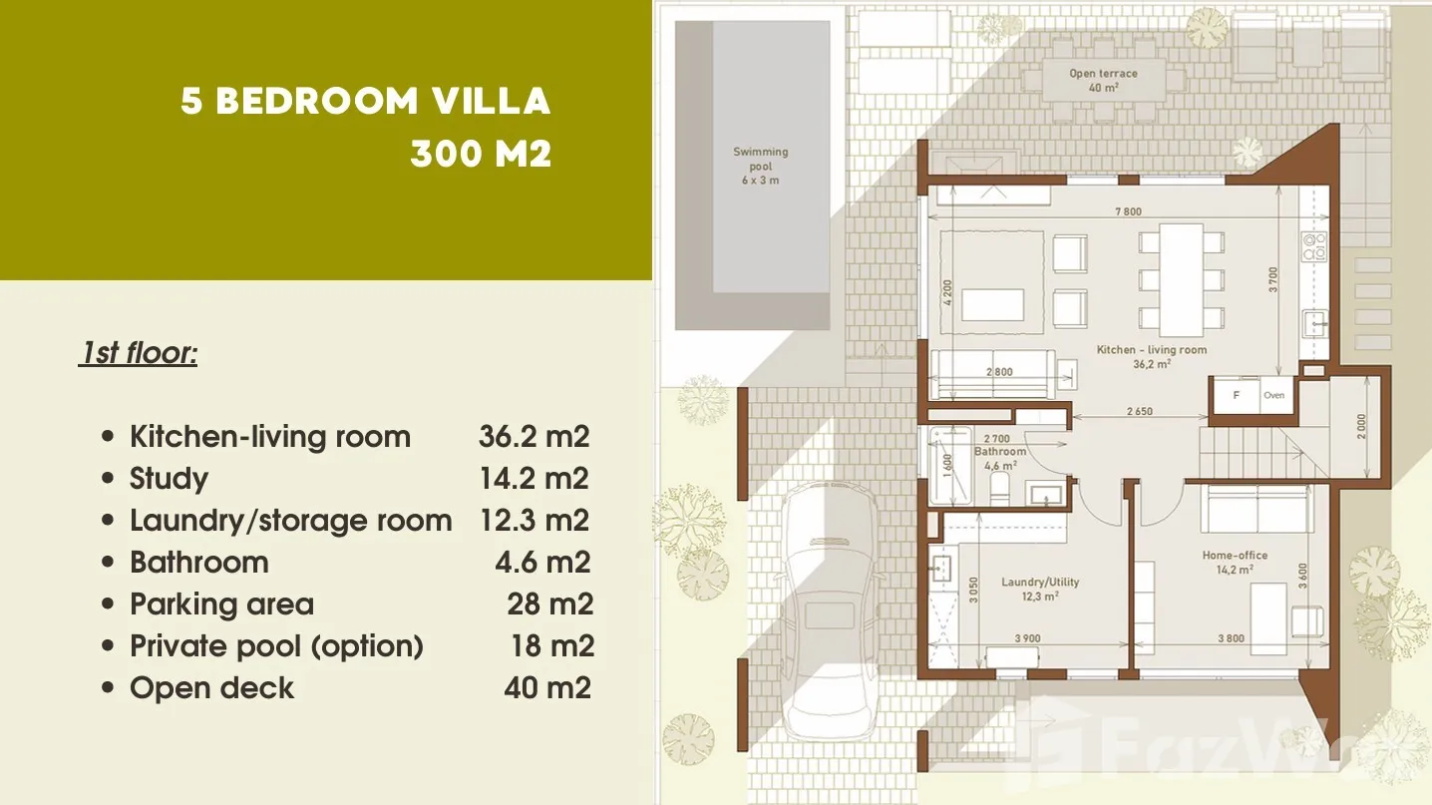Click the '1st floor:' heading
(x=138, y=353)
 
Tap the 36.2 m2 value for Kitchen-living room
(x=534, y=437)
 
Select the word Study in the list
(x=169, y=479)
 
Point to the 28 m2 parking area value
(x=549, y=604)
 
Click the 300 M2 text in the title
(x=481, y=154)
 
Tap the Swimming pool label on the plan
(x=760, y=166)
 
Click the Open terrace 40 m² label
(x=1103, y=80)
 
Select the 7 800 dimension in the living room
(x=1128, y=211)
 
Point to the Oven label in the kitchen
(x=1273, y=395)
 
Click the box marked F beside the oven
(x=1236, y=395)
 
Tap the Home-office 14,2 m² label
(x=1235, y=562)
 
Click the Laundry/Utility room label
(x=1040, y=589)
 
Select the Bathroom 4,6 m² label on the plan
(x=1000, y=459)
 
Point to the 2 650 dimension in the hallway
(x=1139, y=412)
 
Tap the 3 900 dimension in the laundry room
(x=1027, y=638)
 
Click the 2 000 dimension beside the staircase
(x=1361, y=427)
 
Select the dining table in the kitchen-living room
(x=1182, y=280)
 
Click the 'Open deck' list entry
(x=211, y=688)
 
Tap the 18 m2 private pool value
(x=552, y=645)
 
